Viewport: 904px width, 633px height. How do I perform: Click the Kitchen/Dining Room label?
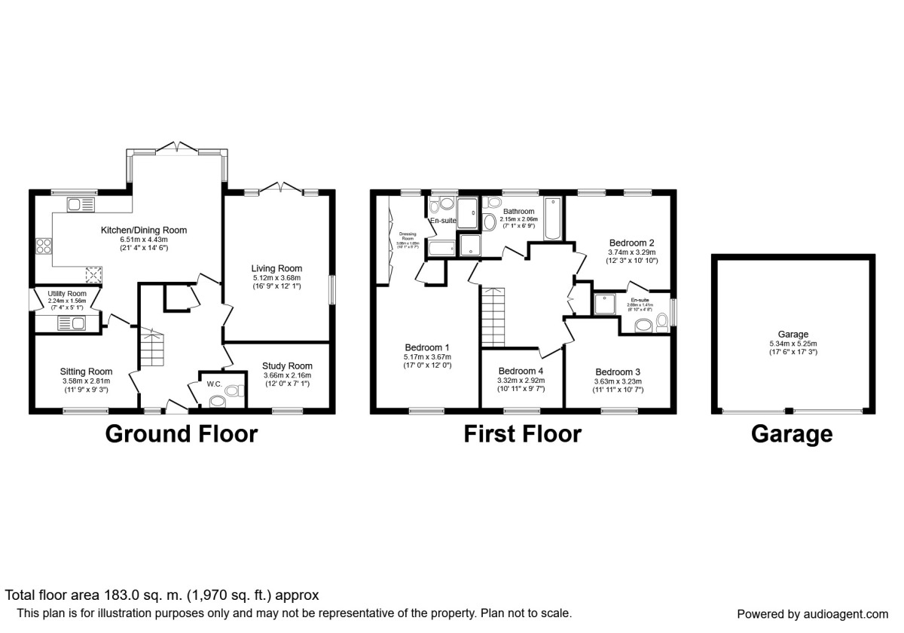coord(144,230)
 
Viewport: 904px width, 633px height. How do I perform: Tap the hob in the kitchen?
coord(44,246)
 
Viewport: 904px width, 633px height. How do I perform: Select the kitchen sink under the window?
coord(81,204)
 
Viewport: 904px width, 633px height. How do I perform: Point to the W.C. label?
coord(214,384)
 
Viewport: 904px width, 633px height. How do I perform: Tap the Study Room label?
coord(287,365)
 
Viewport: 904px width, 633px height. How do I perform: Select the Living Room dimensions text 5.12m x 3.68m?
coord(276,278)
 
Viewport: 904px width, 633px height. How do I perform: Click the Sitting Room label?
coord(86,371)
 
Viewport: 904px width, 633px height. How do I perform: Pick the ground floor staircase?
coord(152,348)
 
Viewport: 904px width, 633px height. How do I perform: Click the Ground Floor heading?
coord(181,434)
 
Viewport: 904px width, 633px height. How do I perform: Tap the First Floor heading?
coord(522,434)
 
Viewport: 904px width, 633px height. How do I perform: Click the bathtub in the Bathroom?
coord(552,219)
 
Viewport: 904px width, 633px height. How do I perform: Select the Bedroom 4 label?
coord(521,371)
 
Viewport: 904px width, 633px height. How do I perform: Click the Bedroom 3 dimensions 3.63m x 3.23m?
coord(618,382)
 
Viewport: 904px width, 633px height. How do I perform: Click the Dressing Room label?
coord(408,236)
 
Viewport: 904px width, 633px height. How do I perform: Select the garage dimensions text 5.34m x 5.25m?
coord(793,344)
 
